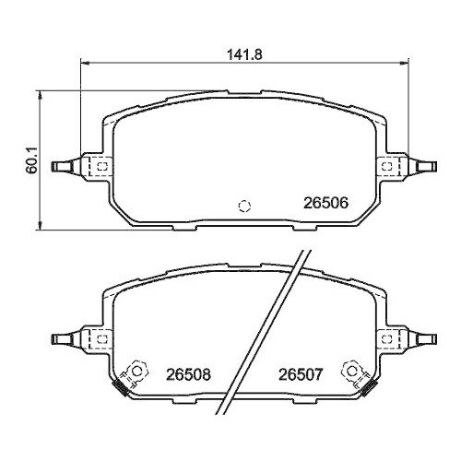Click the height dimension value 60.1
(32, 165)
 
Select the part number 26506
(325, 205)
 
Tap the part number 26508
(188, 375)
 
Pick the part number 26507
(301, 375)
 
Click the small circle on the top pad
(244, 205)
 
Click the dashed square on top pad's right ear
(389, 166)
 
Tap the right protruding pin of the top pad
(426, 166)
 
